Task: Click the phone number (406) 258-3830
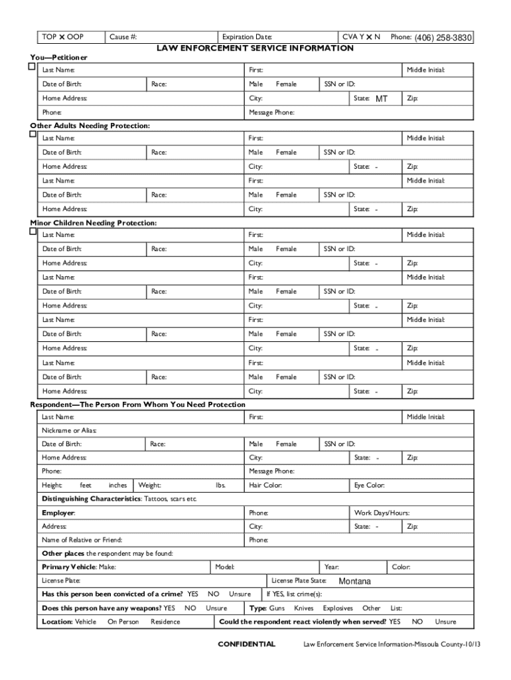(443, 39)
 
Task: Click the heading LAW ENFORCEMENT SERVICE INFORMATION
(255, 48)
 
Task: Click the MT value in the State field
(381, 99)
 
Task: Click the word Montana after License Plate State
(354, 582)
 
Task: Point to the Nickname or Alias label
(69, 430)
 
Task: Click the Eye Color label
(370, 485)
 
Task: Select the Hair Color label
(265, 485)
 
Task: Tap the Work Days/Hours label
(382, 513)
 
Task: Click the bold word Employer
(58, 513)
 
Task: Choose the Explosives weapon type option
(338, 608)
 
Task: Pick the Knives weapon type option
(304, 608)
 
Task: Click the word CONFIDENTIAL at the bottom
(246, 644)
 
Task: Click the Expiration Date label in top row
(247, 37)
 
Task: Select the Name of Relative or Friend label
(82, 540)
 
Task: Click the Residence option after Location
(165, 622)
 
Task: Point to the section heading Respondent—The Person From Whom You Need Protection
(138, 404)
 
